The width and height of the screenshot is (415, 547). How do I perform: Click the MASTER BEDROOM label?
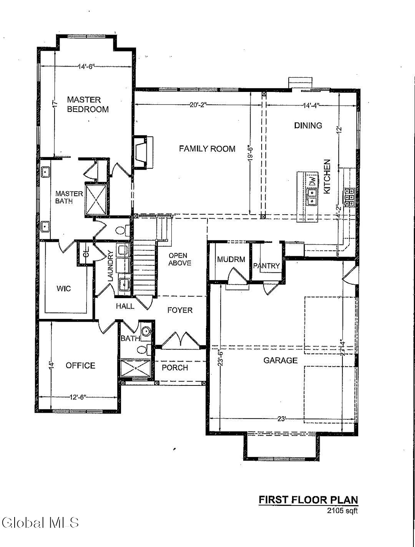[88, 105]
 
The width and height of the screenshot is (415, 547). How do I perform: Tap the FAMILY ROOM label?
[207, 149]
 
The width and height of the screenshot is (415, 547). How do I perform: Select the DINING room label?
[308, 125]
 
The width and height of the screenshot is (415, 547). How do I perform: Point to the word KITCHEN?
[327, 177]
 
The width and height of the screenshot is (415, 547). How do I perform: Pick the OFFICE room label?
[80, 365]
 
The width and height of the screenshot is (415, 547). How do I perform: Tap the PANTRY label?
[266, 266]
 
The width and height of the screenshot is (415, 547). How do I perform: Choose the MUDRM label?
[231, 259]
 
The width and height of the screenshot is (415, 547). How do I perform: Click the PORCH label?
[175, 368]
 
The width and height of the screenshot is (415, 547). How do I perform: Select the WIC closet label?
[64, 289]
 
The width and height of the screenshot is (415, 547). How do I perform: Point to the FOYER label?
[180, 310]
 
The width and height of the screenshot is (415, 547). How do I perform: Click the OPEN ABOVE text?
[179, 259]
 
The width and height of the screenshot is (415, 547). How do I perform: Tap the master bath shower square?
[96, 199]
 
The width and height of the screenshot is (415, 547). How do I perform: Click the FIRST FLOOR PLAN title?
[308, 500]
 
